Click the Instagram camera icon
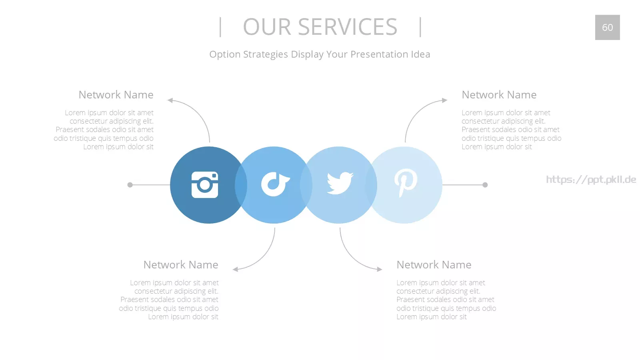(x=204, y=184)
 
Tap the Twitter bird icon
(x=340, y=183)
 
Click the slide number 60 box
(x=608, y=28)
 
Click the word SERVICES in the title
(x=348, y=27)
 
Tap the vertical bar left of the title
(x=220, y=27)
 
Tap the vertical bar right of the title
(x=420, y=27)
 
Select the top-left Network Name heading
(x=116, y=94)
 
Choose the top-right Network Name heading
(x=499, y=94)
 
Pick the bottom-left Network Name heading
(x=181, y=264)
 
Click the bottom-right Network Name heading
(x=434, y=264)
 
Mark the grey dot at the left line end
(x=130, y=185)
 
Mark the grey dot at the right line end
(x=485, y=185)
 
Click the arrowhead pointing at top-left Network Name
(x=170, y=100)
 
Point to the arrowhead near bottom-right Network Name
(x=380, y=269)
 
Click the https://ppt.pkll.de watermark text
(x=591, y=180)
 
